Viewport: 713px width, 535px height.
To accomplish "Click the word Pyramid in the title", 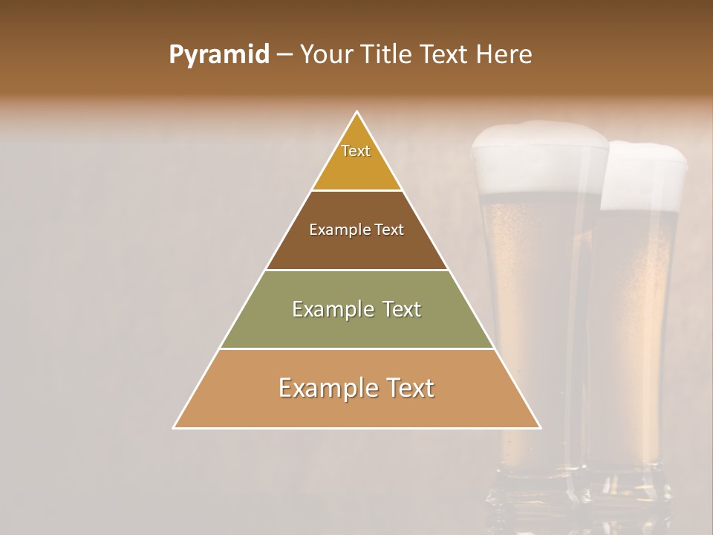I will pyautogui.click(x=219, y=55).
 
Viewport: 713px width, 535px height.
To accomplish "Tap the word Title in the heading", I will pyautogui.click(x=393, y=55).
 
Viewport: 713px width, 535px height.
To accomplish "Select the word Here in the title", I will pyautogui.click(x=504, y=55).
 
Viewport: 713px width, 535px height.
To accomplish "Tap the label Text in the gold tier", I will pyautogui.click(x=356, y=151).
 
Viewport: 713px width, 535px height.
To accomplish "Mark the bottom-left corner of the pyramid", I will pyautogui.click(x=175, y=427).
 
